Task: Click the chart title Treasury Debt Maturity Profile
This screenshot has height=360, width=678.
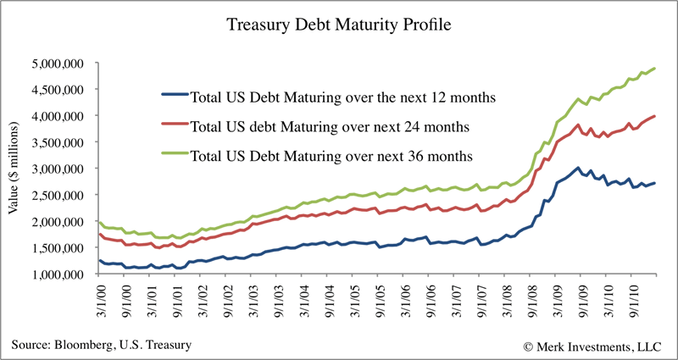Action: tap(339, 25)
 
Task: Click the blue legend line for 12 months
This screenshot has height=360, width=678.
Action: tap(175, 96)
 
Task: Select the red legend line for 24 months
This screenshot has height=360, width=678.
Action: tap(175, 126)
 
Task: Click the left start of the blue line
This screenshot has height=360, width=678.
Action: tap(100, 260)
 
